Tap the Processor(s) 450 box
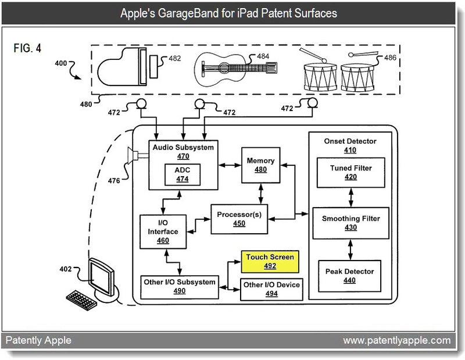tap(239, 219)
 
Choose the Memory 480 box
tap(260, 165)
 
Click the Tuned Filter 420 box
tap(350, 172)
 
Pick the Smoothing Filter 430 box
tap(350, 223)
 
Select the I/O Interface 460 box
tap(163, 231)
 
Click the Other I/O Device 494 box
tap(271, 289)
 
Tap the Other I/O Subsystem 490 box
tap(179, 286)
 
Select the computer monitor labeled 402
tap(103, 278)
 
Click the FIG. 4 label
tap(27, 48)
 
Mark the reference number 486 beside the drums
tap(391, 58)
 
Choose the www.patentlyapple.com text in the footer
tap(396, 340)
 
